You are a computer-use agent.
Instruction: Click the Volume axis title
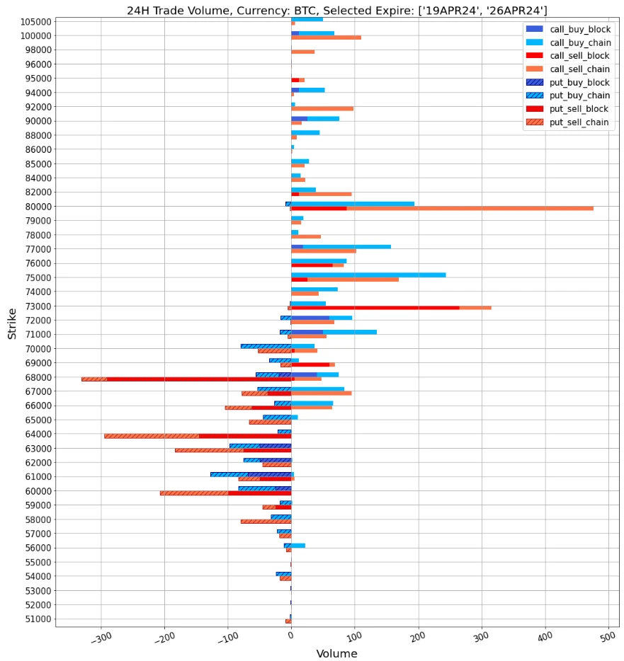(336, 654)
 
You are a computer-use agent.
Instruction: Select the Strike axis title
(12, 323)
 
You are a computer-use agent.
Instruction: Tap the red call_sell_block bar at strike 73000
(375, 308)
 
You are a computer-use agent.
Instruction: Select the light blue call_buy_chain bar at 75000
(368, 275)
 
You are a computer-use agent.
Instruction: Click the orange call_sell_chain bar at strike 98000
(303, 52)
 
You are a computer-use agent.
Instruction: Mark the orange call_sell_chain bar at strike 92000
(322, 108)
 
